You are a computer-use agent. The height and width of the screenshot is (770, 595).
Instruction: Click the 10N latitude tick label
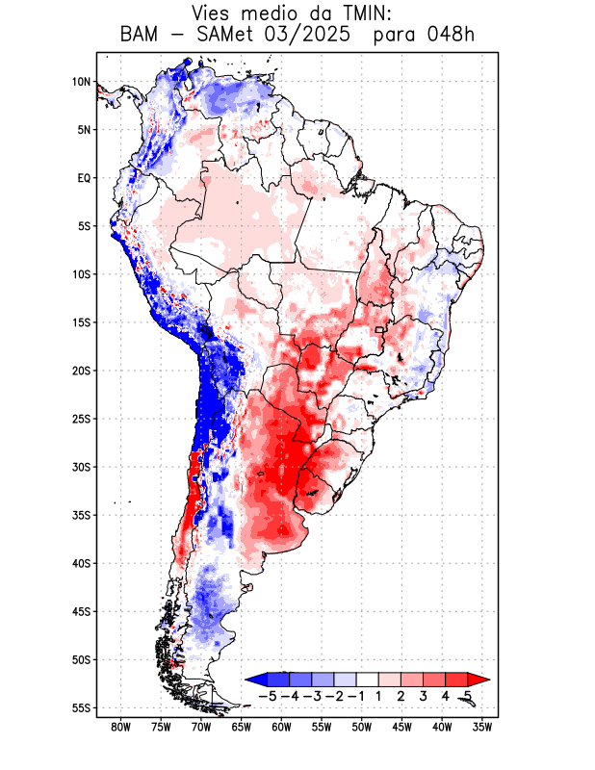coord(81,82)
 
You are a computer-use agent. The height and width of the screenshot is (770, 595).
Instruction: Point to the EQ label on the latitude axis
coord(84,178)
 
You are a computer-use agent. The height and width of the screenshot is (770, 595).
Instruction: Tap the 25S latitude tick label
coord(80,419)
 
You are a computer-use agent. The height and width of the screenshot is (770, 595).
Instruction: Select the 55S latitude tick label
coord(80,708)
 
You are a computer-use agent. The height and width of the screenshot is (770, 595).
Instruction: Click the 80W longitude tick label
coord(120,727)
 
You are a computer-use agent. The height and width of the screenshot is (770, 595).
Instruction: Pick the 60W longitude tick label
coord(281,727)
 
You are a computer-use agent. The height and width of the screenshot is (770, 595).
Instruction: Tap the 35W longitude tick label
coord(482,727)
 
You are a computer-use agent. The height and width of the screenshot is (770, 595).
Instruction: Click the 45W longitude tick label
coord(401,727)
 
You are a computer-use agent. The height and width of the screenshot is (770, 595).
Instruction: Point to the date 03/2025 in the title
coord(311,36)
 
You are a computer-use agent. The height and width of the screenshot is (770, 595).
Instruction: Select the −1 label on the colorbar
coord(355,696)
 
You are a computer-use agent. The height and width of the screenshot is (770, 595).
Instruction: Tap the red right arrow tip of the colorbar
coord(481,679)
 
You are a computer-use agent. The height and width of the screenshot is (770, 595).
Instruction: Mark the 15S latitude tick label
coord(80,322)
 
